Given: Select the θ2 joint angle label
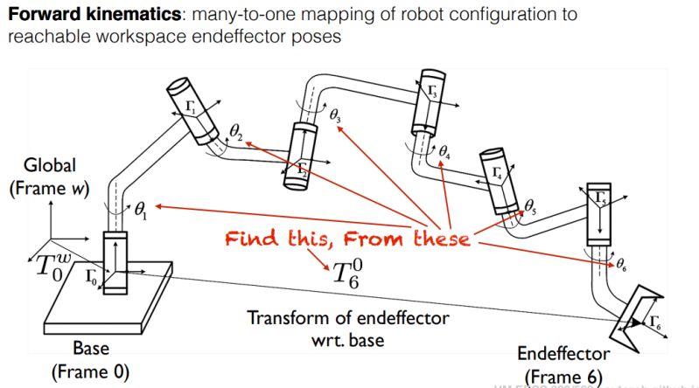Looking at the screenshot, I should (x=236, y=131).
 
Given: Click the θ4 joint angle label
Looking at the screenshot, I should (x=445, y=153).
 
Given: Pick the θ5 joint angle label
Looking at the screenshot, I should (x=529, y=205).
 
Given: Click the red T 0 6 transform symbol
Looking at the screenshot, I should (x=345, y=272).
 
